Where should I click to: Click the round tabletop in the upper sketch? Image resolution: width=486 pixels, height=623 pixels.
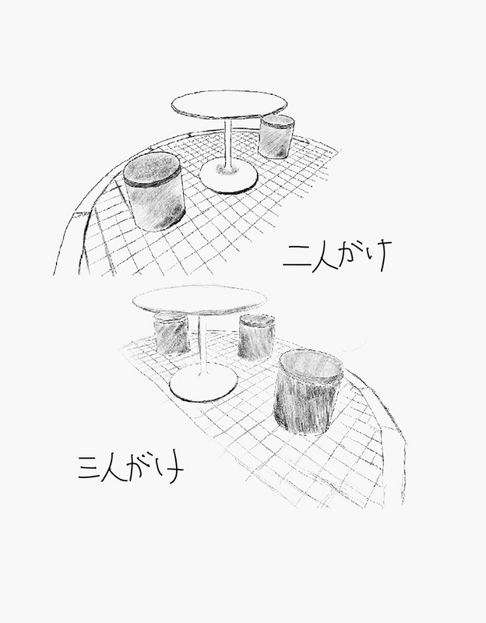tap(229, 104)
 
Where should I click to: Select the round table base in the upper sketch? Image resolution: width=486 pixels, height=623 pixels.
tap(228, 178)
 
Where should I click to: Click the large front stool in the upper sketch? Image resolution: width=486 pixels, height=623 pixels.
tap(153, 192)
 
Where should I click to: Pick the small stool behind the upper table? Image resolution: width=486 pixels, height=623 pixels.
tap(276, 137)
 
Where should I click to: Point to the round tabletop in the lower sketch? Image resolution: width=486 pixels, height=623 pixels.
tap(199, 300)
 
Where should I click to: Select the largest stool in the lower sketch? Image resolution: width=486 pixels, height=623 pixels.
tap(308, 392)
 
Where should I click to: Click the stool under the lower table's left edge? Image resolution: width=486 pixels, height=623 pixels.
tap(171, 334)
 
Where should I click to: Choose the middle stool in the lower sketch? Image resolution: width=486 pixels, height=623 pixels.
tap(256, 337)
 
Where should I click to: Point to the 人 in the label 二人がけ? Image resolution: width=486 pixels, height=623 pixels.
tap(326, 258)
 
